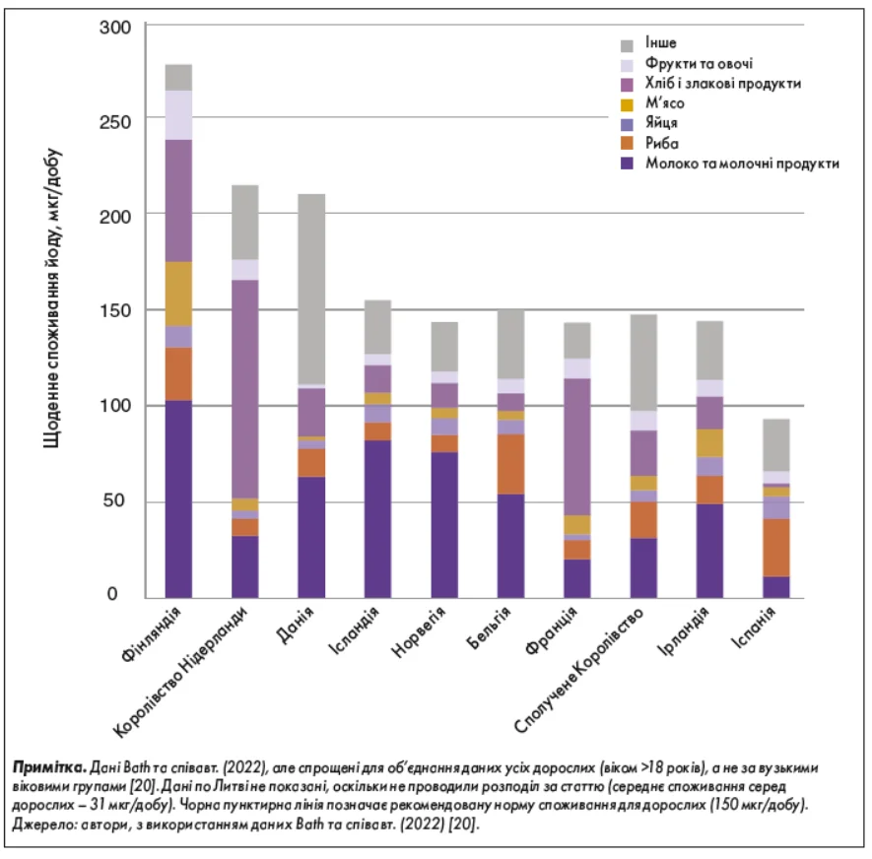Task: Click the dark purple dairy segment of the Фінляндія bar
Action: pos(178,498)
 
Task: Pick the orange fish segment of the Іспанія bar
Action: pos(776,548)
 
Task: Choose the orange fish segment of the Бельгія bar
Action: pos(510,464)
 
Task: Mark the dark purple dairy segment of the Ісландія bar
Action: pos(377,518)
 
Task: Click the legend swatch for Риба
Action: pos(626,144)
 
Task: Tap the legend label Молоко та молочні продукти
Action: pos(742,164)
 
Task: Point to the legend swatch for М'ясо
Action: pos(626,103)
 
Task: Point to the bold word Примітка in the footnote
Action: pos(48,765)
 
